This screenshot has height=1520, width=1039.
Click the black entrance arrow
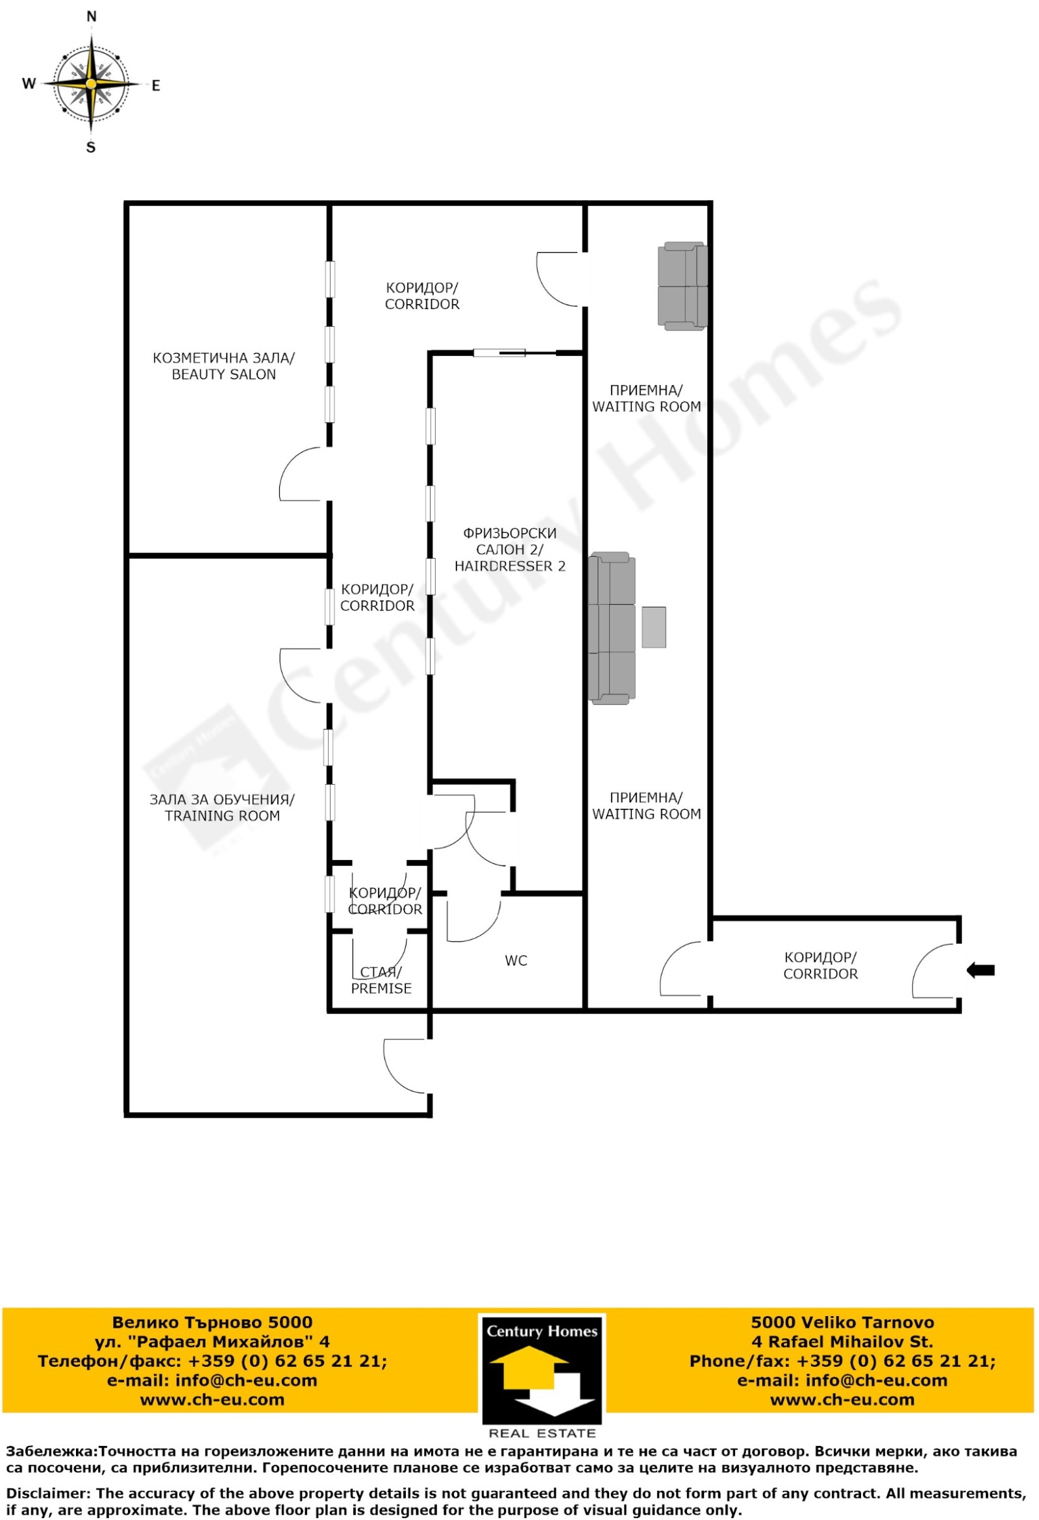[980, 970]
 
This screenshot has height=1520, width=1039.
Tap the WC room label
[516, 961]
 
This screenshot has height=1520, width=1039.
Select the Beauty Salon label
[223, 366]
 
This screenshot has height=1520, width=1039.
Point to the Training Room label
[222, 808]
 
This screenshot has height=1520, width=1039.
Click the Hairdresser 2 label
[510, 550]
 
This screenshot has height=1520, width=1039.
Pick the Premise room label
[381, 980]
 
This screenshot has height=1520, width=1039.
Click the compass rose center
[92, 84]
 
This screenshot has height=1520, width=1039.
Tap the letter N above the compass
[92, 17]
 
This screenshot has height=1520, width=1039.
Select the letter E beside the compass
[156, 86]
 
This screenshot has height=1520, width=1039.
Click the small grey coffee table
[653, 627]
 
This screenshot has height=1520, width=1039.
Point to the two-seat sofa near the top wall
[682, 286]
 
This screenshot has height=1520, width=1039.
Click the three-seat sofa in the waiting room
[612, 628]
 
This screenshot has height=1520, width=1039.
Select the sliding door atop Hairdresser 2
[499, 353]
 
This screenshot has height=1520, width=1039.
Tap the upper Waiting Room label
[646, 398]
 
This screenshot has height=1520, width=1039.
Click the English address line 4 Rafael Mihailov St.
[842, 1341]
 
